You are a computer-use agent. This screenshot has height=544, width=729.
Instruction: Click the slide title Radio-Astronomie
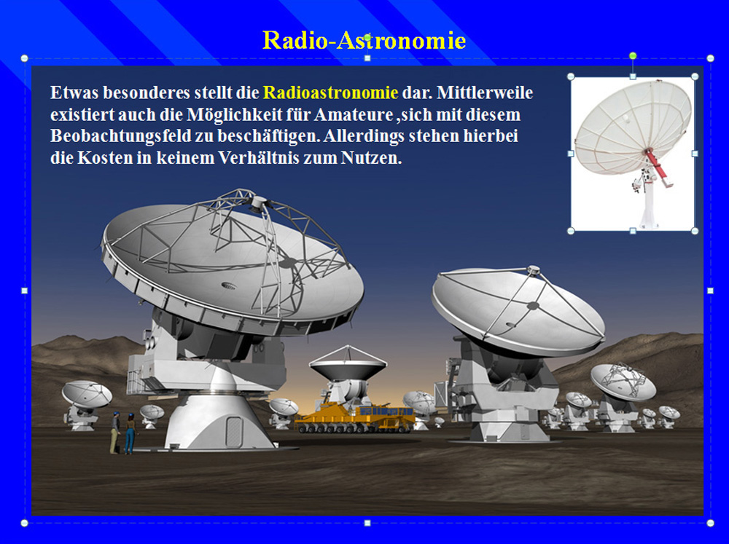pyautogui.click(x=364, y=40)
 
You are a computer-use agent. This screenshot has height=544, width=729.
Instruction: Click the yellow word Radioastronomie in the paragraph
pyautogui.click(x=330, y=93)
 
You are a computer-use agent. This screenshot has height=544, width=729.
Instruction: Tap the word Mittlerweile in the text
pyautogui.click(x=485, y=93)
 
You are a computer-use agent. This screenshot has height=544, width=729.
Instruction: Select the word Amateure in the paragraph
pyautogui.click(x=354, y=115)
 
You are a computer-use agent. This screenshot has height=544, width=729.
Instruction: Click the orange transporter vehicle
pyautogui.click(x=355, y=418)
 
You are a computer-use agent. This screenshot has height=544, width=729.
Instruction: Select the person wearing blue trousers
pyautogui.click(x=130, y=433)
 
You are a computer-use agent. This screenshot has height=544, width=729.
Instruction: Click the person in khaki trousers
pyautogui.click(x=115, y=433)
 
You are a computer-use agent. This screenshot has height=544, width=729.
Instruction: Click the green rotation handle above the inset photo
pyautogui.click(x=633, y=56)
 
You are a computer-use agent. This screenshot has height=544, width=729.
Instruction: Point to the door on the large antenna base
pyautogui.click(x=233, y=431)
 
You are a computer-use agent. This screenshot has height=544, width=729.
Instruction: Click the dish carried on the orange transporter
pyautogui.click(x=348, y=363)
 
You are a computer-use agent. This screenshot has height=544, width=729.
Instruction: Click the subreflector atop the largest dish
pyautogui.click(x=258, y=203)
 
